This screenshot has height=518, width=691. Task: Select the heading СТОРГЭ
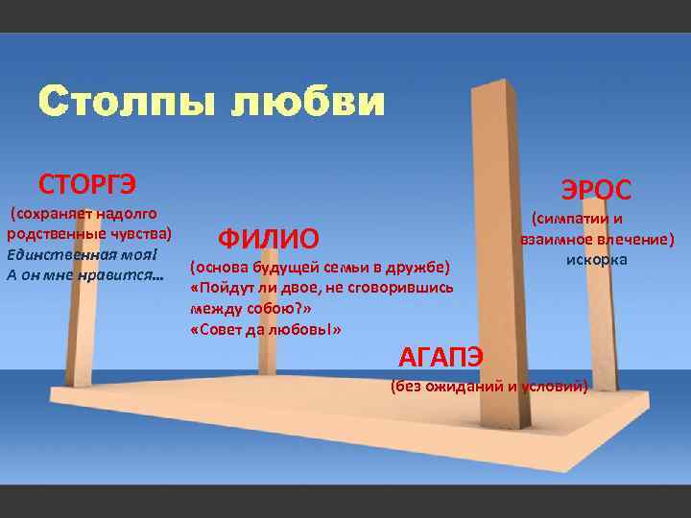pyautogui.click(x=87, y=182)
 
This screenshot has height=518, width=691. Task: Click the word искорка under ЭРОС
pyautogui.click(x=596, y=260)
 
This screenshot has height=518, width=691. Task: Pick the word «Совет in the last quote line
pyautogui.click(x=218, y=329)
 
